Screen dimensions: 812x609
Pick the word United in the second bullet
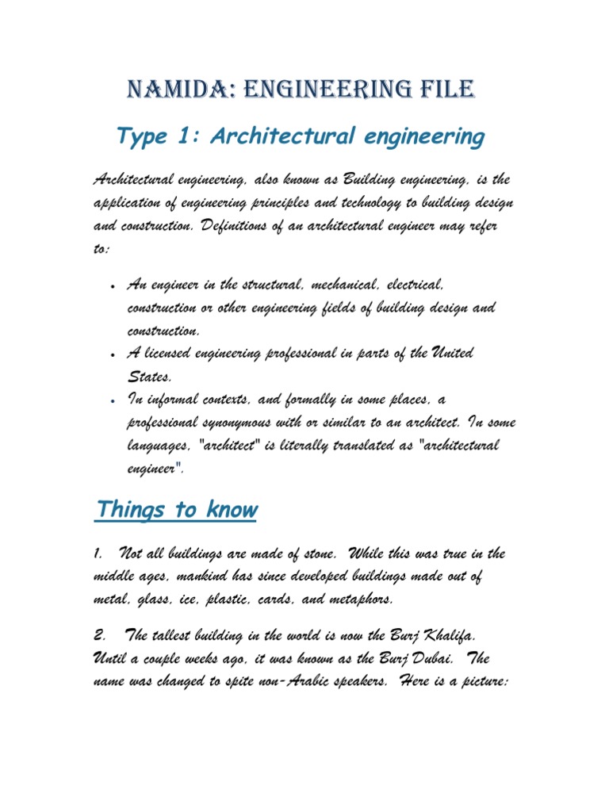coord(450,353)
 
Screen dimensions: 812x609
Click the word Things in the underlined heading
coord(128,509)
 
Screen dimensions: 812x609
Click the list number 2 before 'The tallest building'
coord(98,635)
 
